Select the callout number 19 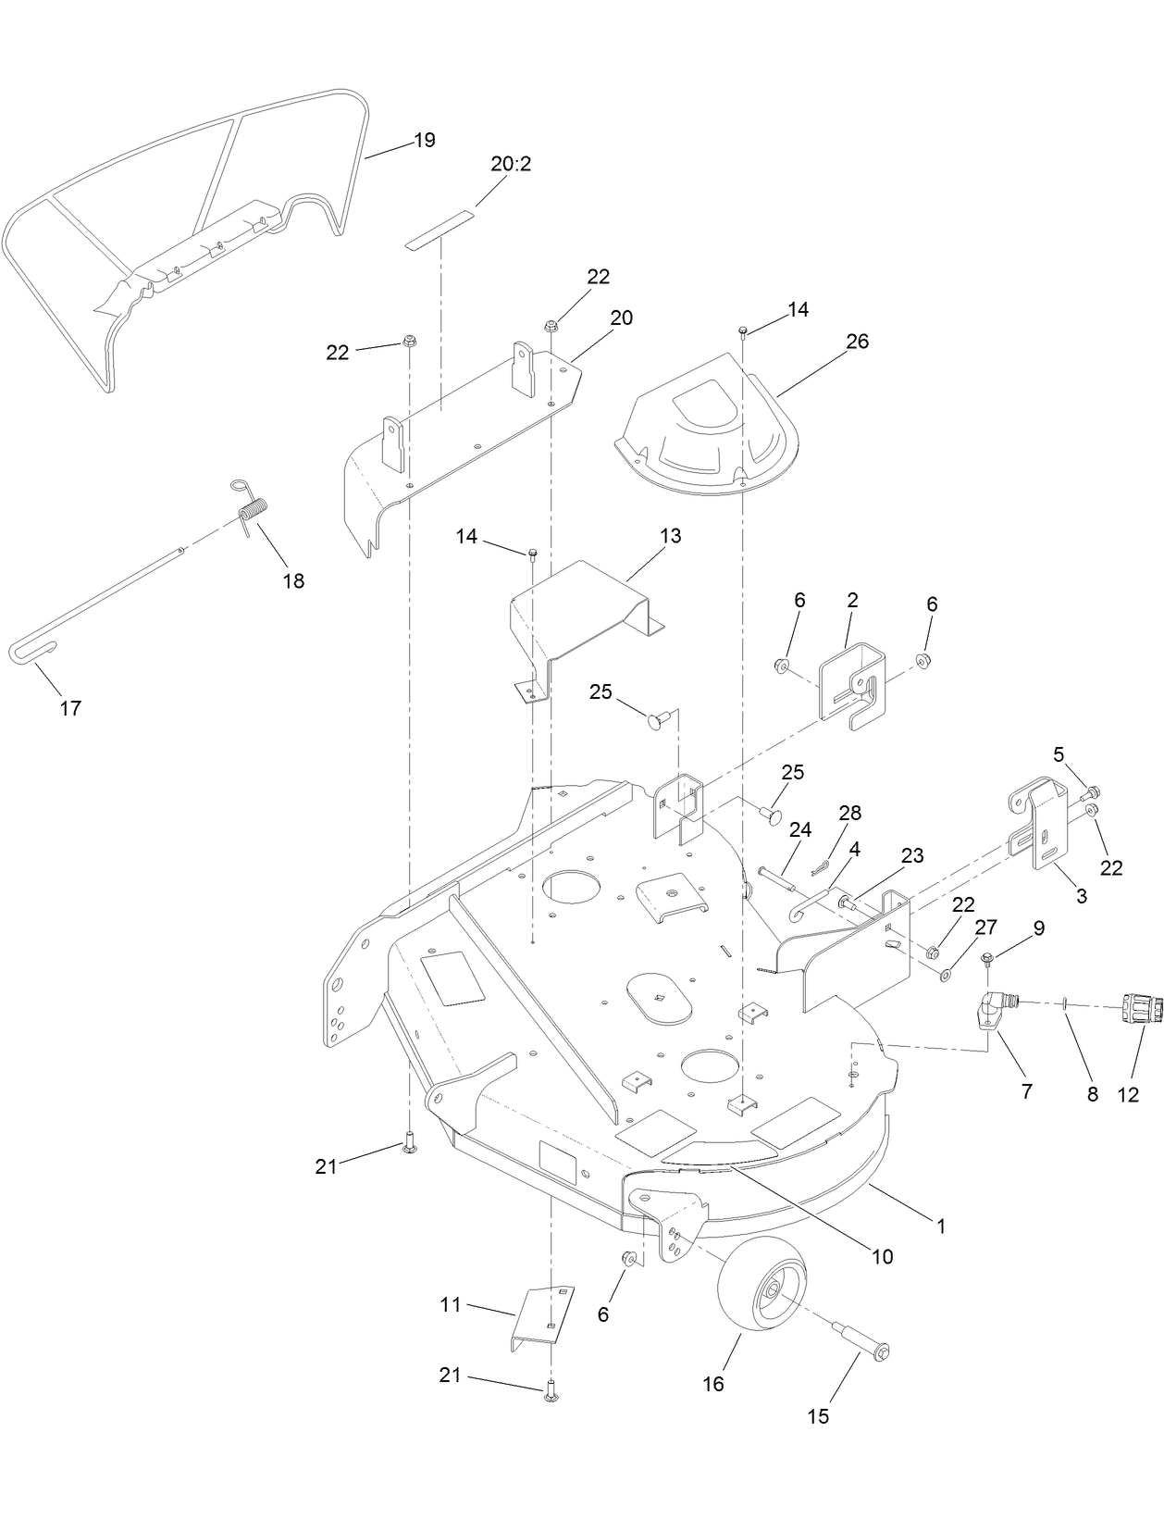pyautogui.click(x=424, y=141)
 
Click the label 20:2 pyautogui.click(x=511, y=165)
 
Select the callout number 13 pyautogui.click(x=670, y=536)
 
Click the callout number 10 pyautogui.click(x=882, y=1256)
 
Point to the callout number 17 pyautogui.click(x=70, y=708)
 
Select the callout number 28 pyautogui.click(x=849, y=813)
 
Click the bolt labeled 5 pyautogui.click(x=1090, y=792)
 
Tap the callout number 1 pyautogui.click(x=941, y=1226)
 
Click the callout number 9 pyautogui.click(x=1038, y=928)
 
